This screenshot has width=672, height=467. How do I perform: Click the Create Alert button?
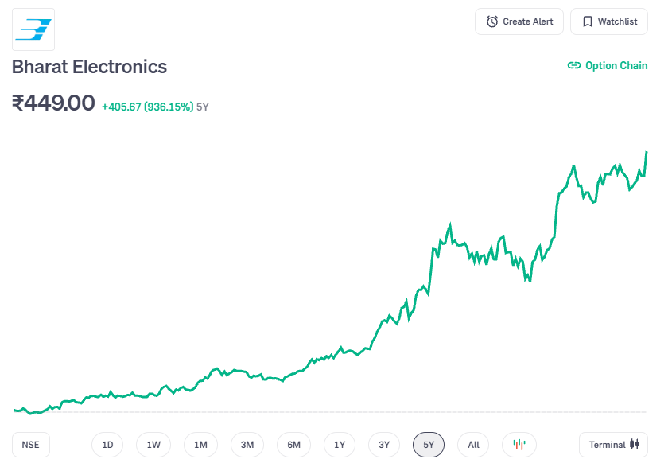519,21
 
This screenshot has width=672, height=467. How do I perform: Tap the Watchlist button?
609,21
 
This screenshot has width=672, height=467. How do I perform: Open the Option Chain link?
608,66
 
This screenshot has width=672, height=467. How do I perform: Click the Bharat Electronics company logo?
33,29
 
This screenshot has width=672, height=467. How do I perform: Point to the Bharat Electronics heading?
89,67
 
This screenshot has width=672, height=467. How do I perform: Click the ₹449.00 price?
53,103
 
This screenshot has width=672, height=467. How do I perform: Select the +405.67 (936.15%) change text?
147,107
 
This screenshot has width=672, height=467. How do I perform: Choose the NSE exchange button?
31,445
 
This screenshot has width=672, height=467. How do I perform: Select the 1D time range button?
107,445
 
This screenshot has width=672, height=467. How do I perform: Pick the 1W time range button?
153,445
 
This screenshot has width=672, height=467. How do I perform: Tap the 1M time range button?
200,445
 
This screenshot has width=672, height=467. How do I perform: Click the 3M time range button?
247,445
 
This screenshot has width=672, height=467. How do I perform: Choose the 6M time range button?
293,445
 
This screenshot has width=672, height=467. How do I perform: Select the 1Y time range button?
340,445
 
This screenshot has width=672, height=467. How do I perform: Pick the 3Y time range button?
384,445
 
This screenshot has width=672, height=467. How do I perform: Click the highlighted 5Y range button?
429,445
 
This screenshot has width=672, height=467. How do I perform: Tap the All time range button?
473,445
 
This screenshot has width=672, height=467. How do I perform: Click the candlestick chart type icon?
519,445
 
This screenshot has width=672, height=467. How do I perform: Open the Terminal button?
614,445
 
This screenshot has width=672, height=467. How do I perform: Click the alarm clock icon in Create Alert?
492,21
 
